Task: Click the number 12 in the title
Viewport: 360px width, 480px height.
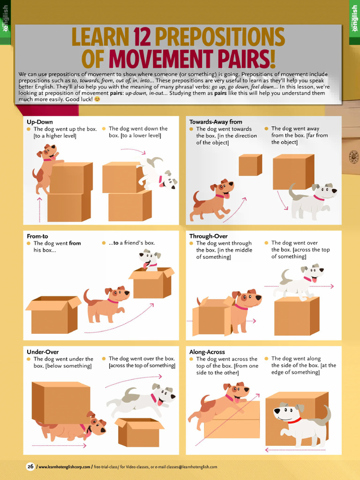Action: click(x=142, y=37)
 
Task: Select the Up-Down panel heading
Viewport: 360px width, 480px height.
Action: click(x=40, y=122)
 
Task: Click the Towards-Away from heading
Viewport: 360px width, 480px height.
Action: click(x=216, y=122)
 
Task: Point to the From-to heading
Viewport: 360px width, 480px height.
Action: click(x=37, y=236)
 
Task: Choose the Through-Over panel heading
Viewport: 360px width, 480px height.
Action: click(x=208, y=236)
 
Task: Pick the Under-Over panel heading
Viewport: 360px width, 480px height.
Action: click(x=43, y=352)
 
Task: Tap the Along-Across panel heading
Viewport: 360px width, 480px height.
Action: click(x=207, y=352)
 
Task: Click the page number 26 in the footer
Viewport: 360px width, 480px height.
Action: click(x=30, y=466)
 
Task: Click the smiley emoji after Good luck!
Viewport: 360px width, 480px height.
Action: click(x=97, y=99)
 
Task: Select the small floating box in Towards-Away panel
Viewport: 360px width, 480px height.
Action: click(x=250, y=165)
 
